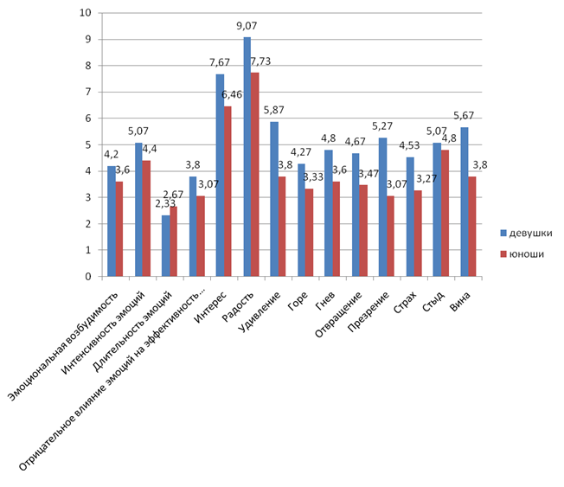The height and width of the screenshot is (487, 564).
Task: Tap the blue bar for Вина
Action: tap(464, 202)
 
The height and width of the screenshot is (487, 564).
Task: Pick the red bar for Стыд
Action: tap(445, 214)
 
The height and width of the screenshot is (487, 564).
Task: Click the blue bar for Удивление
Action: tap(274, 200)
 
